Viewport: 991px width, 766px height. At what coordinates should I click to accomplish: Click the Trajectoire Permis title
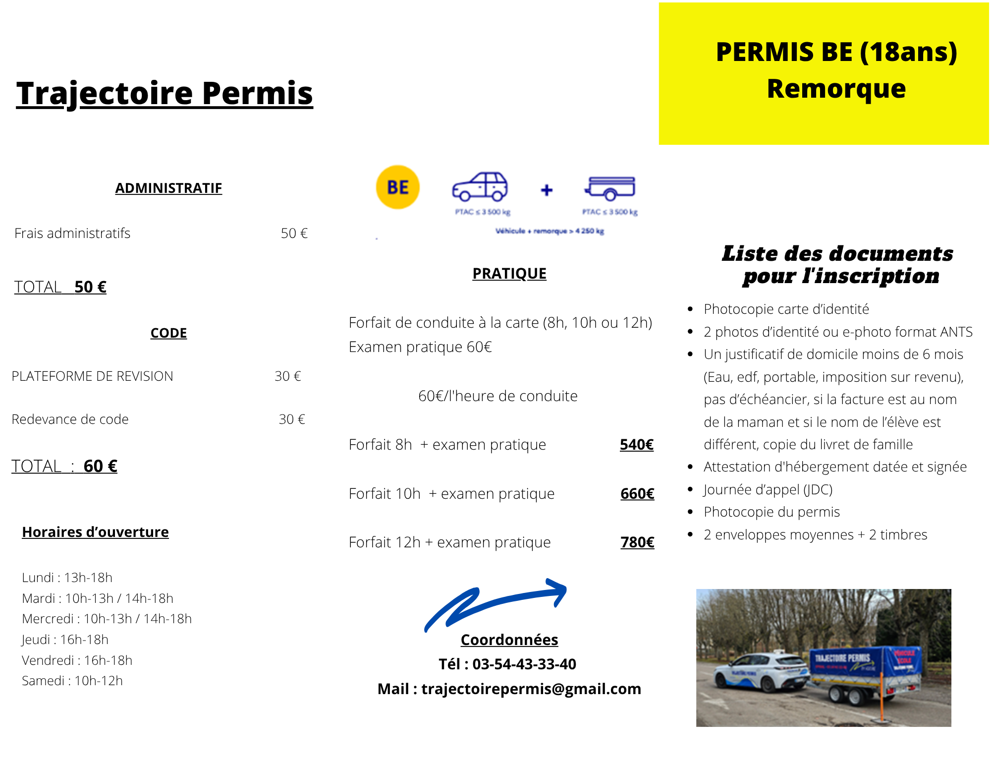(165, 93)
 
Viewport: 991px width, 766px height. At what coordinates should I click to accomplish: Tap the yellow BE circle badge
(398, 187)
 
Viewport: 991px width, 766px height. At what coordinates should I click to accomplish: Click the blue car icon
(480, 187)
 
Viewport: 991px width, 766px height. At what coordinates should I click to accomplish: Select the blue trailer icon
(610, 188)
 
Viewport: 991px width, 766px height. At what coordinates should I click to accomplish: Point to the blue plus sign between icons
(547, 190)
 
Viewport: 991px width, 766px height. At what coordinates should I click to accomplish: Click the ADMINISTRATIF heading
(168, 188)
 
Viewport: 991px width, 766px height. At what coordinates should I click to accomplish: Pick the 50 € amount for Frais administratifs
(294, 233)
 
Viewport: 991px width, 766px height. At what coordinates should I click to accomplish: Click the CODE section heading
(168, 333)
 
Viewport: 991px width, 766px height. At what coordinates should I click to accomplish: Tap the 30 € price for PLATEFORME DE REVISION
(288, 376)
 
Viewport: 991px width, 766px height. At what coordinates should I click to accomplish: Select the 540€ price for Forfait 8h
(637, 445)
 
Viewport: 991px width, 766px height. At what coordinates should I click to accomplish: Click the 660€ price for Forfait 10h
(637, 494)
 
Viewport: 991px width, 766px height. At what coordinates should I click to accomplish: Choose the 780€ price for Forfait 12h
(637, 542)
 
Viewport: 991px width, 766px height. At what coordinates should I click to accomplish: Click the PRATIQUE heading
(509, 274)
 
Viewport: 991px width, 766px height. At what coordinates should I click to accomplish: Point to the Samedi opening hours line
(72, 681)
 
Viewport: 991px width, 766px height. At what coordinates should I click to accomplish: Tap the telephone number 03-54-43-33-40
(524, 664)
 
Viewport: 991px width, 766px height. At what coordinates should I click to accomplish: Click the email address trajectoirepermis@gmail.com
(531, 689)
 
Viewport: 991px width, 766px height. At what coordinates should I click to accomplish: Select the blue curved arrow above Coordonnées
(495, 602)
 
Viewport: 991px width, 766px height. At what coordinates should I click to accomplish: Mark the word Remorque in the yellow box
(836, 89)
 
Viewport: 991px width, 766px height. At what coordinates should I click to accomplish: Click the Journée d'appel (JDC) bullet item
(768, 489)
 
